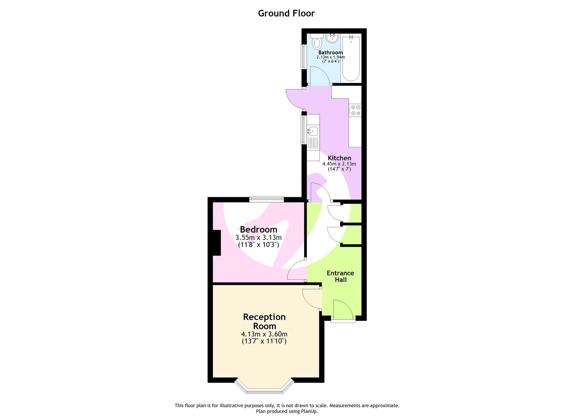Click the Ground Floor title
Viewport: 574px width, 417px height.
286,13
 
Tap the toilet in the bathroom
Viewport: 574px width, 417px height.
317,43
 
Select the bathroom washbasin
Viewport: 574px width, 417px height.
332,38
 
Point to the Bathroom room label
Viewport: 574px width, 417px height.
330,52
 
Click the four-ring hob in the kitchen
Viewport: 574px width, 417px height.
356,110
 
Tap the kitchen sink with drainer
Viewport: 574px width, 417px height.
313,137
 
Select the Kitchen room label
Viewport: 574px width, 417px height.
339,158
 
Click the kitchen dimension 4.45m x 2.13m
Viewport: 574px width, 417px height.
339,164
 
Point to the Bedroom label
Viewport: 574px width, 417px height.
258,229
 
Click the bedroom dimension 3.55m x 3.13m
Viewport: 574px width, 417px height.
258,237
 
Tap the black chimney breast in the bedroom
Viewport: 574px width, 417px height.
217,242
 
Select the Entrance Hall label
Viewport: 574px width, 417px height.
340,276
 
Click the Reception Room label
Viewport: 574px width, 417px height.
264,321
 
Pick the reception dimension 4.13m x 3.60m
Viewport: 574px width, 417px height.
264,334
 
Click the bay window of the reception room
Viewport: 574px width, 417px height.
264,389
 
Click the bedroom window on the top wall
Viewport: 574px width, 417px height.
267,199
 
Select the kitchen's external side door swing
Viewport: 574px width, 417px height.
294,99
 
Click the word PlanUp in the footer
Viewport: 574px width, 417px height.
308,411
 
